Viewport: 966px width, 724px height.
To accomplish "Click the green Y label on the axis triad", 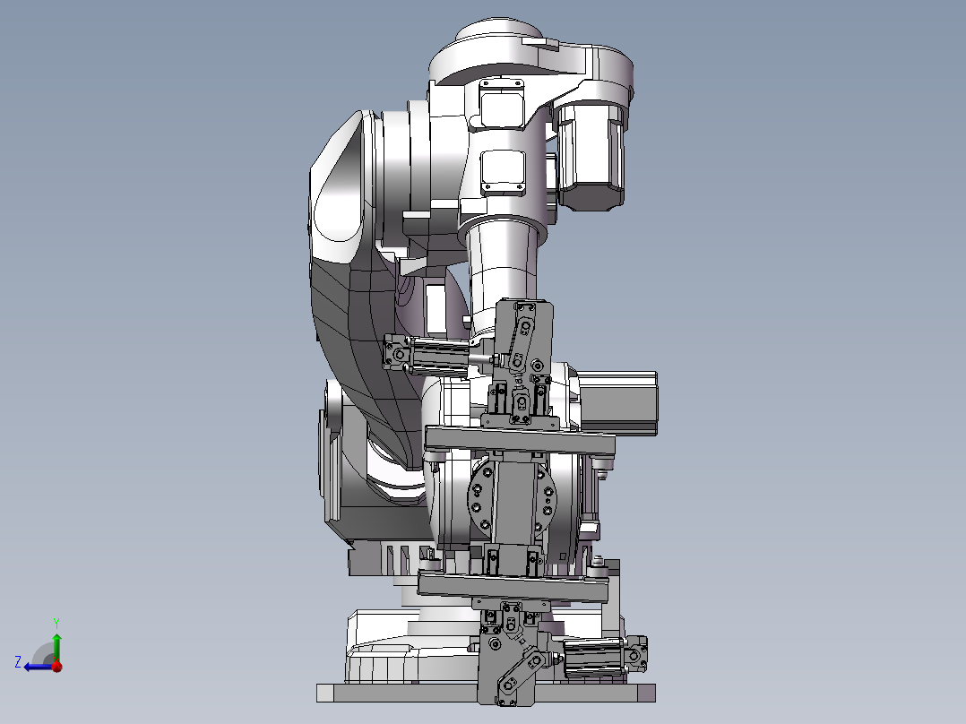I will click(56, 621).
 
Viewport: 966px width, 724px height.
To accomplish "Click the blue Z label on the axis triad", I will click(18, 661).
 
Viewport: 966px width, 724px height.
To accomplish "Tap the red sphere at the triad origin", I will click(56, 666).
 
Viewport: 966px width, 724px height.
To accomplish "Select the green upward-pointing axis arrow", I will click(56, 643).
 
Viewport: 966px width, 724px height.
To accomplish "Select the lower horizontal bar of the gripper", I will click(513, 585).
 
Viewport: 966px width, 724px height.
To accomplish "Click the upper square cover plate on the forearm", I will click(501, 103).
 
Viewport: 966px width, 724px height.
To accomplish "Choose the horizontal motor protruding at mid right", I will click(618, 403).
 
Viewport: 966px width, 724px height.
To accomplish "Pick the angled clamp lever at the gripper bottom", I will click(519, 672).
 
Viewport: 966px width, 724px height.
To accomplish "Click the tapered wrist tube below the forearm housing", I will click(502, 260).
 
